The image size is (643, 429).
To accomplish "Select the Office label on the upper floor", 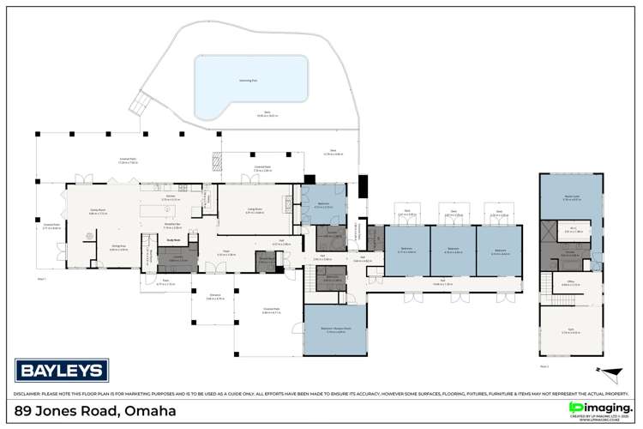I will point(571,283).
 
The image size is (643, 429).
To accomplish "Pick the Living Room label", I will point(255,209).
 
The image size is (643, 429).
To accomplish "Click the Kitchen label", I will point(171,197).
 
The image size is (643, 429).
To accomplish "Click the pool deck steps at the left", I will point(139,106).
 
